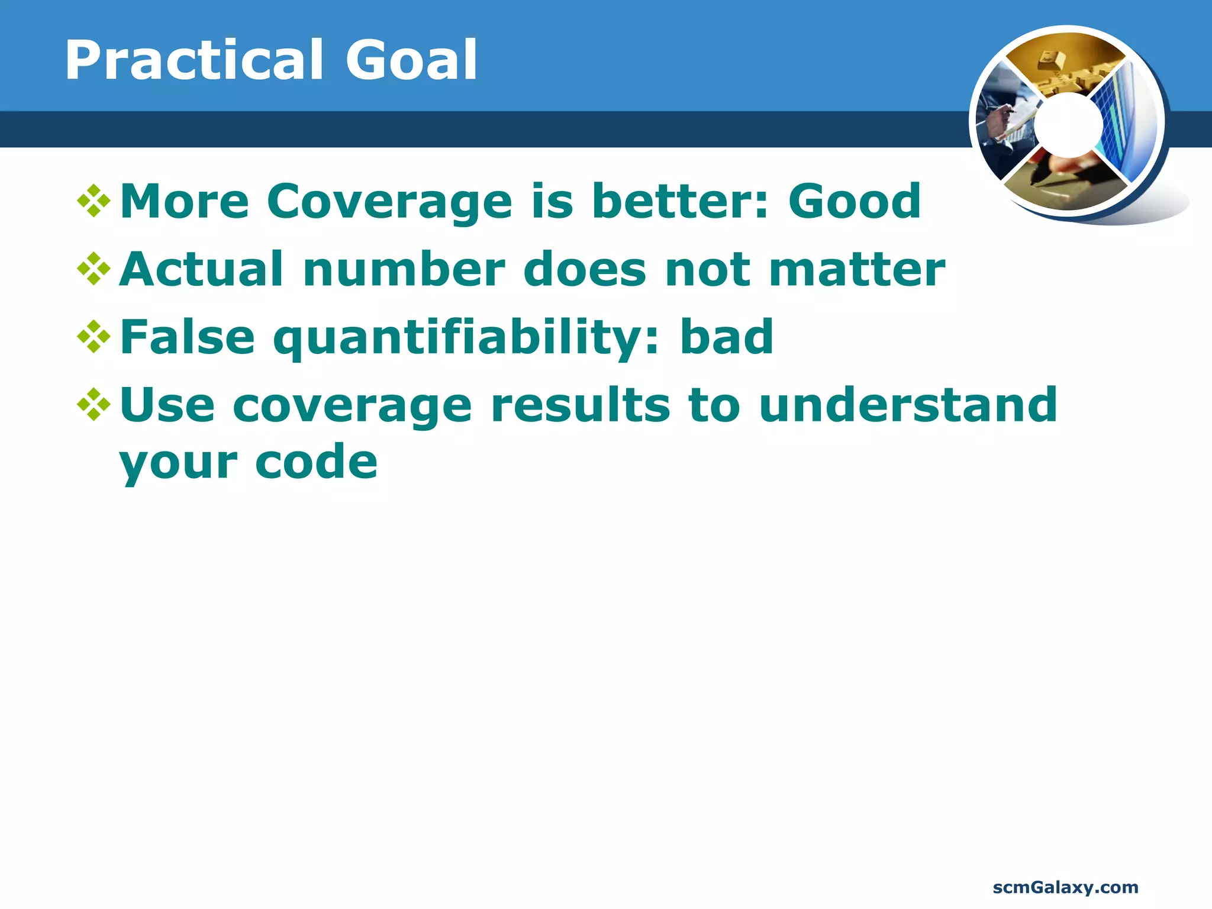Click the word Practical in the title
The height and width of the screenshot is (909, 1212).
[194, 60]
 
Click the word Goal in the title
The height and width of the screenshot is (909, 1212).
[411, 60]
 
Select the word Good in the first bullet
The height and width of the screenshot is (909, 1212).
[854, 201]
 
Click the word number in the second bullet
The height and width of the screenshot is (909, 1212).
[404, 270]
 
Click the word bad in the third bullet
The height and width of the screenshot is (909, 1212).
[726, 337]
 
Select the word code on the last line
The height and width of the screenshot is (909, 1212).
[316, 462]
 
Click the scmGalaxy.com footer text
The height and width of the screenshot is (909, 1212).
[1065, 887]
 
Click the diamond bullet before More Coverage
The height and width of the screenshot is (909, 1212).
[94, 202]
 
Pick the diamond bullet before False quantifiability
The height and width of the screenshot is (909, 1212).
[94, 337]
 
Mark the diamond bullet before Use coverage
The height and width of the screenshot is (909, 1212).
[94, 405]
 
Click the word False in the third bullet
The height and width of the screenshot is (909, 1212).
[187, 337]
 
